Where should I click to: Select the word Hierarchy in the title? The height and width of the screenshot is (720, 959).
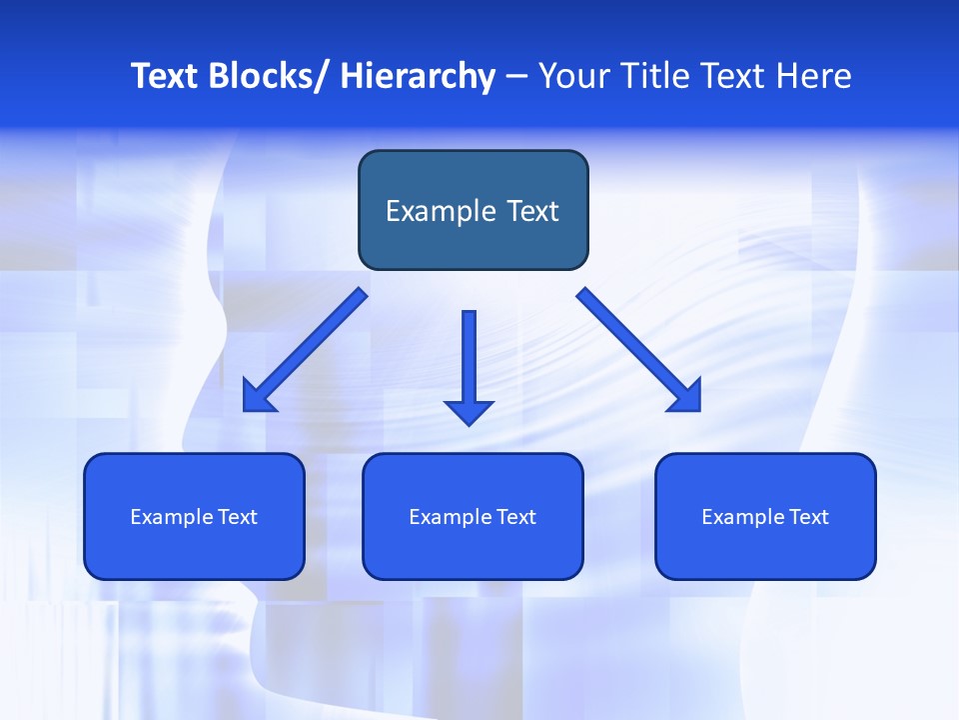point(418,77)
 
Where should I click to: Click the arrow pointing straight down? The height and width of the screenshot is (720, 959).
point(469,360)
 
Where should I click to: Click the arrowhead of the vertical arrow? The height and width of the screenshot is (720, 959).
point(469,411)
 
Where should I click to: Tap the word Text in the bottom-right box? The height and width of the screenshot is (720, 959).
point(808,517)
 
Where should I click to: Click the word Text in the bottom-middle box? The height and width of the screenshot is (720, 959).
point(515,517)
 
